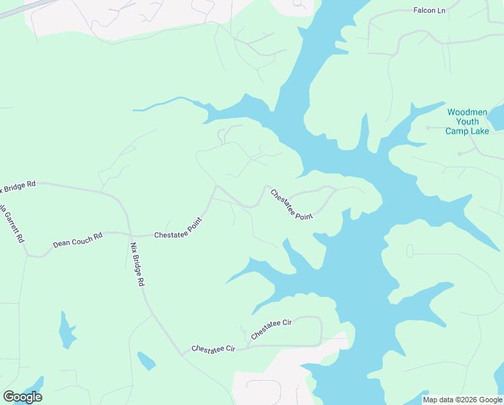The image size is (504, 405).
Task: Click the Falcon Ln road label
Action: point(431,11)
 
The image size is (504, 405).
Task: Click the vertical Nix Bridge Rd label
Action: point(137,265)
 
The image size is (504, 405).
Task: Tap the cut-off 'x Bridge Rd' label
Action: point(18,186)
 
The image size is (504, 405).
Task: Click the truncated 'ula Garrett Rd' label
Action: point(13,222)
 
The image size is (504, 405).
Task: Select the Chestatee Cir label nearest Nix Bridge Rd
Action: point(212,348)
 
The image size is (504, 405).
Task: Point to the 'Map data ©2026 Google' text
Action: point(463,400)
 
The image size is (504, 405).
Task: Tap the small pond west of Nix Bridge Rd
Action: point(67,330)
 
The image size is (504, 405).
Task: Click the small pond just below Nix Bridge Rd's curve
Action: point(146,360)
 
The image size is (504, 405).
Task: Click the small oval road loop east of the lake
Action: point(410,251)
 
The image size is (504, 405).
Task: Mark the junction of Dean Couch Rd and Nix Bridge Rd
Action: point(129,234)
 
